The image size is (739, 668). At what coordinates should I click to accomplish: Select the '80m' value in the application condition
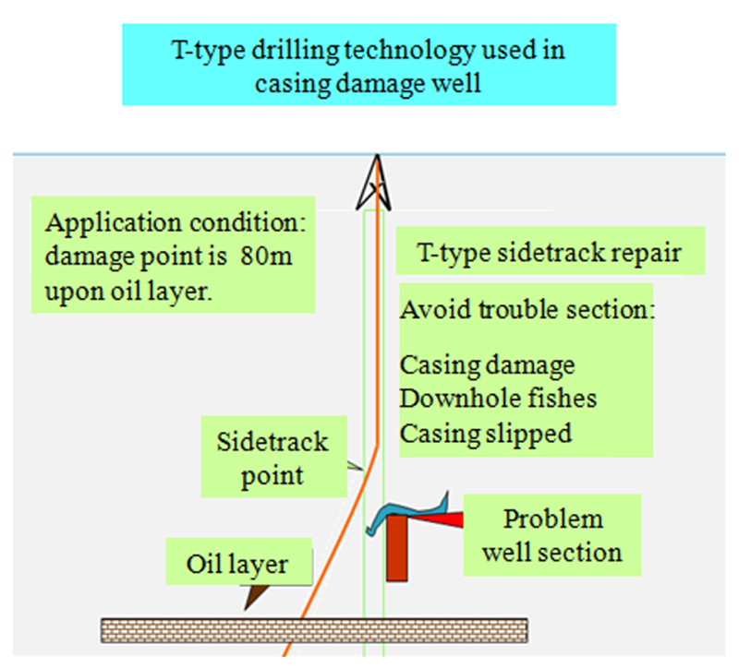266,256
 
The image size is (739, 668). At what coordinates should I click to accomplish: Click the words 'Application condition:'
176,222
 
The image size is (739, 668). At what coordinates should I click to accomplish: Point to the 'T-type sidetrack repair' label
550,252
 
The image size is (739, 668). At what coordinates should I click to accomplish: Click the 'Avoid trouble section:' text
527,310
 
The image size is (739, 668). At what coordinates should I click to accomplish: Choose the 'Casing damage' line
488,365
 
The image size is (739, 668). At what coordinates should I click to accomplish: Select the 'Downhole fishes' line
498,399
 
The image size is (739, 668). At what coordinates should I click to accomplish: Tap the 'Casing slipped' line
486,434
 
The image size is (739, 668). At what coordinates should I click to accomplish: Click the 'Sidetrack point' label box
273,457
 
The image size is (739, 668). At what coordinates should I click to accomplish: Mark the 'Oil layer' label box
238,562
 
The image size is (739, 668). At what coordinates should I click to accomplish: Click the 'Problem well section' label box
551,535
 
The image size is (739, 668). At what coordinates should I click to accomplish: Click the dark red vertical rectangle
396,548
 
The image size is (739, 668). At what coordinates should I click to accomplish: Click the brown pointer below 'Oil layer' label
256,596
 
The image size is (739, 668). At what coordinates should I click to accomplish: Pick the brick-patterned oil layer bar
314,631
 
